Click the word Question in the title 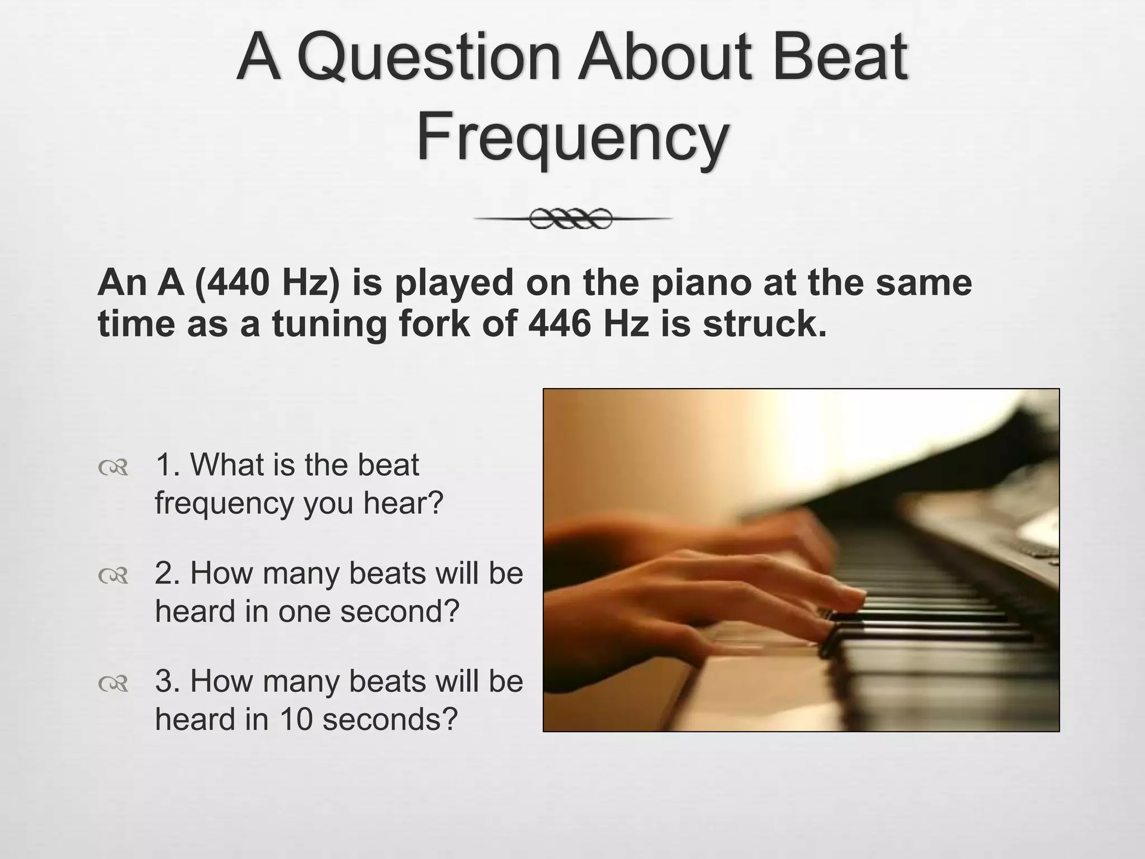pos(429,58)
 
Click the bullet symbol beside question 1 pos(113,468)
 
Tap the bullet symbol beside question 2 pos(113,575)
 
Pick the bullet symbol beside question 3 pos(113,683)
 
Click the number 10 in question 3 pos(296,719)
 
